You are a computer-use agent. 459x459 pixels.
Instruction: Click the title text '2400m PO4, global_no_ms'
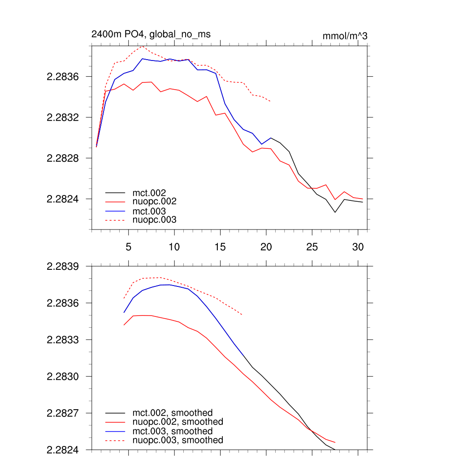click(151, 34)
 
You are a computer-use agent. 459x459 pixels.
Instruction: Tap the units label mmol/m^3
click(345, 36)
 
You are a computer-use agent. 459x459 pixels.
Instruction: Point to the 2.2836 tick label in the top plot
click(63, 77)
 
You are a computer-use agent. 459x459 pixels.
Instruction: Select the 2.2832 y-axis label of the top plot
click(63, 117)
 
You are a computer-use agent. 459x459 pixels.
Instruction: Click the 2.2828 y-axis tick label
click(63, 158)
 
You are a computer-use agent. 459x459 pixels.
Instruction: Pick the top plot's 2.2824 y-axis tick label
click(63, 199)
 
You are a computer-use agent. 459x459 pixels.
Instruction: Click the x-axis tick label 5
click(128, 247)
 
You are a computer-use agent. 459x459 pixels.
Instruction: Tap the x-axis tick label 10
click(174, 247)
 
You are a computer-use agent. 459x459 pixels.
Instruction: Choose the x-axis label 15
click(220, 247)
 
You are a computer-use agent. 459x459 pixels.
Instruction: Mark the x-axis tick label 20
click(266, 247)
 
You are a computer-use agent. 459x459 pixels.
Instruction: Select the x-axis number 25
click(312, 247)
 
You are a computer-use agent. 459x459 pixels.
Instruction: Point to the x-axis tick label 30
click(358, 247)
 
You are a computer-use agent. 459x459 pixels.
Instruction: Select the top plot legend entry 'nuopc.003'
click(155, 220)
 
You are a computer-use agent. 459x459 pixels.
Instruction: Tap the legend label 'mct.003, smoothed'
click(173, 431)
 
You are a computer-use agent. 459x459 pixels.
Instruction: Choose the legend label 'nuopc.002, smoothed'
click(178, 422)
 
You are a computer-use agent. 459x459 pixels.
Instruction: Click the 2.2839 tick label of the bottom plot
click(63, 266)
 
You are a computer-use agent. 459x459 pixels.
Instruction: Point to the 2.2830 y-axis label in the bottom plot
click(63, 376)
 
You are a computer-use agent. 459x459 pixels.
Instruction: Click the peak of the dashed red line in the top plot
click(142, 46)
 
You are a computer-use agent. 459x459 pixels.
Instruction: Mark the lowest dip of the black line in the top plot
click(335, 212)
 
